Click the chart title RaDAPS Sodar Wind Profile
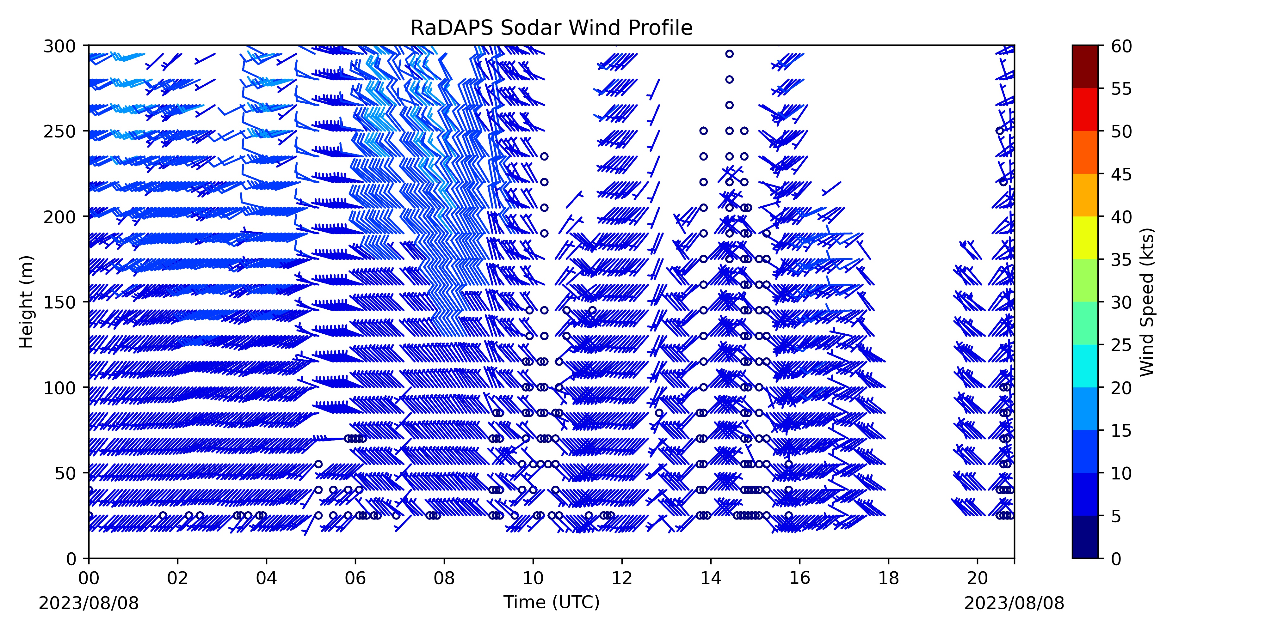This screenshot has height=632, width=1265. [x=552, y=28]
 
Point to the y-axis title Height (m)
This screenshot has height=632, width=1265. [x=27, y=302]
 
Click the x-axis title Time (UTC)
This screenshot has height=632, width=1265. [x=552, y=602]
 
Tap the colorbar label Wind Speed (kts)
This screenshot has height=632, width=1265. [x=1147, y=302]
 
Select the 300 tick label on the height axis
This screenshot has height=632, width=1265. [x=59, y=47]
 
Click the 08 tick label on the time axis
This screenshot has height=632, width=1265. [x=444, y=578]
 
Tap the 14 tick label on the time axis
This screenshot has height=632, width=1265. [x=711, y=578]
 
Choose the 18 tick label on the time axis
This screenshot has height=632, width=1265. [x=888, y=578]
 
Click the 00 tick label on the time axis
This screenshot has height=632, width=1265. [x=89, y=578]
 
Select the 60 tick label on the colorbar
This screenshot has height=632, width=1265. [x=1122, y=47]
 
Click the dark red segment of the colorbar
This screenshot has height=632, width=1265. [x=1085, y=67]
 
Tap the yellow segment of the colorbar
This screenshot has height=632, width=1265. [x=1085, y=238]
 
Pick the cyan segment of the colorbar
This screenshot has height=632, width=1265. [x=1085, y=366]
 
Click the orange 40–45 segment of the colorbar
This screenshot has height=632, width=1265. [x=1085, y=195]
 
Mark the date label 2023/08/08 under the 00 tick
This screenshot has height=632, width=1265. [x=89, y=603]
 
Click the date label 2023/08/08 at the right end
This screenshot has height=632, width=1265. [x=1014, y=603]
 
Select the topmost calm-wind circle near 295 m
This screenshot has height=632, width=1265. [x=729, y=54]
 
